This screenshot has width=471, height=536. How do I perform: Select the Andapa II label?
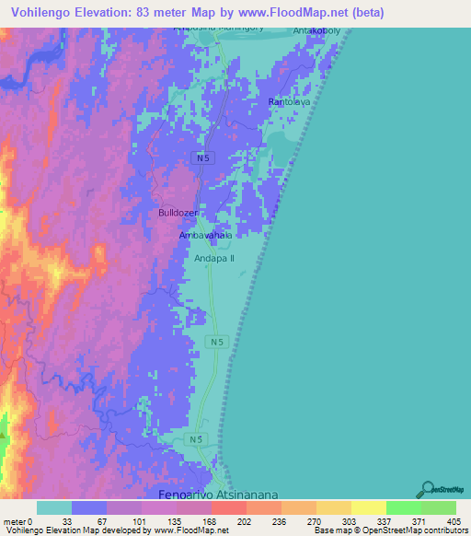pyautogui.click(x=214, y=259)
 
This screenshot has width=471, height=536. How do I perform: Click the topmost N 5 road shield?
pyautogui.click(x=203, y=158)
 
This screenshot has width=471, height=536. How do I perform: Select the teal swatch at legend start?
pyautogui.click(x=54, y=507)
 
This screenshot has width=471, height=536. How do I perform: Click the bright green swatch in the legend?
pyautogui.click(x=404, y=507)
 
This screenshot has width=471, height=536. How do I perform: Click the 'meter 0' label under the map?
pyautogui.click(x=17, y=521)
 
